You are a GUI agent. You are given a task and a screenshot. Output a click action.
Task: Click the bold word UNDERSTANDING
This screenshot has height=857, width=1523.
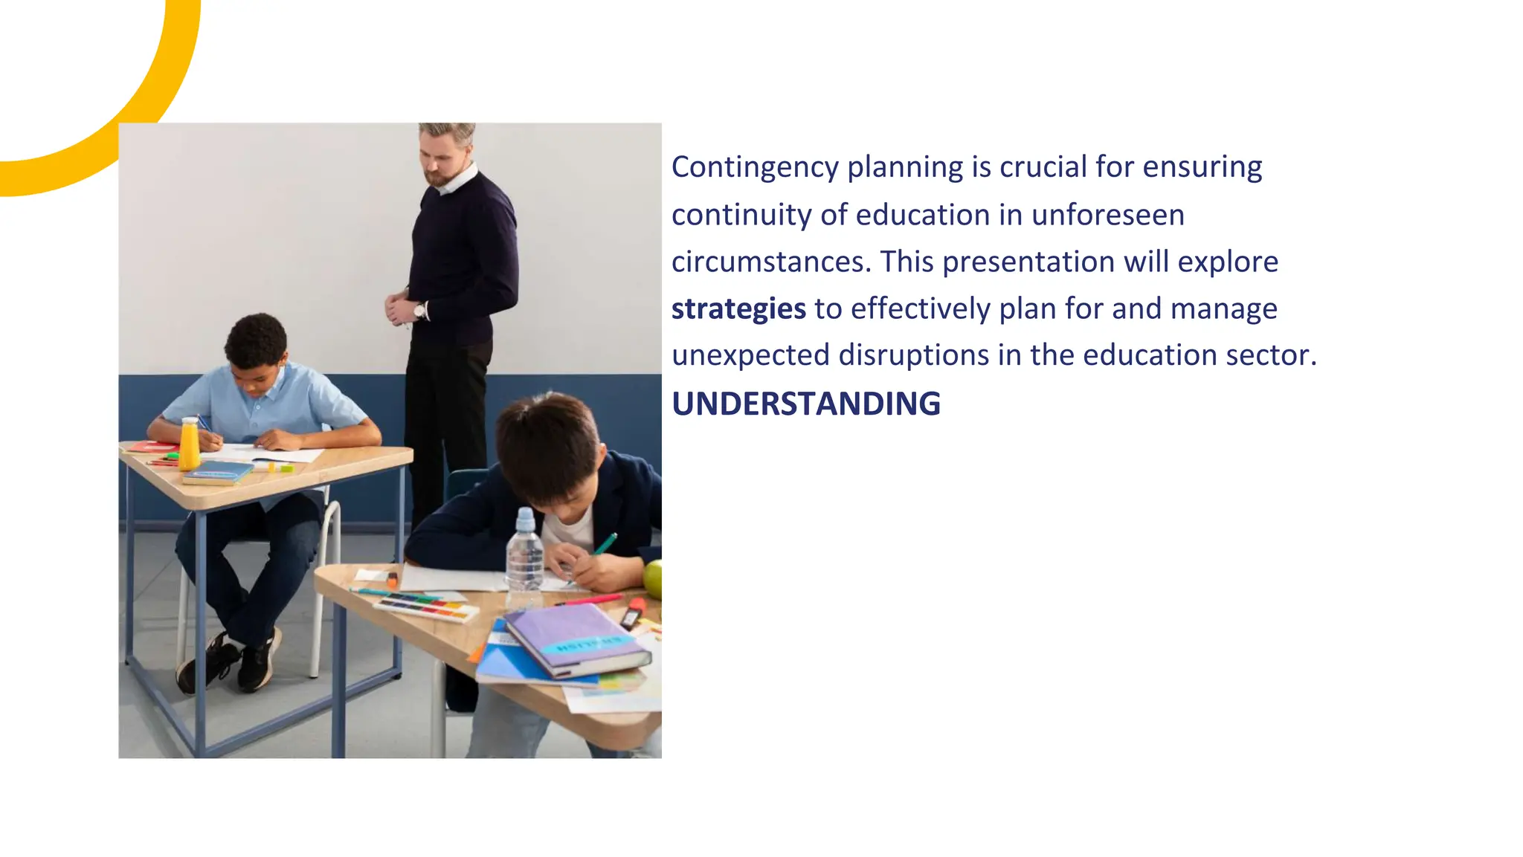pyautogui.click(x=805, y=404)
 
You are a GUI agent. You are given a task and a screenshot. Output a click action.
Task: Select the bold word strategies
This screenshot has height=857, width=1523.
pyautogui.click(x=738, y=308)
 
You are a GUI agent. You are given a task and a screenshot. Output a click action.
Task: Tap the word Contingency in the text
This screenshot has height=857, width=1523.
pyautogui.click(x=755, y=167)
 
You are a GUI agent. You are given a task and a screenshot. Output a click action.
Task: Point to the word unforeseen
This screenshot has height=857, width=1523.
pyautogui.click(x=1107, y=215)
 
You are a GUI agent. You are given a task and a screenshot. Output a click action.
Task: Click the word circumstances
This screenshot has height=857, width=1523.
pyautogui.click(x=770, y=262)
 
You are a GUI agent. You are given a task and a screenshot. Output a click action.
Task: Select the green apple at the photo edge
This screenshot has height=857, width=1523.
pyautogui.click(x=653, y=579)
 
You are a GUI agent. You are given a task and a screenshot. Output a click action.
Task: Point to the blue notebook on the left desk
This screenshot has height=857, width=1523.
pyautogui.click(x=219, y=471)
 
